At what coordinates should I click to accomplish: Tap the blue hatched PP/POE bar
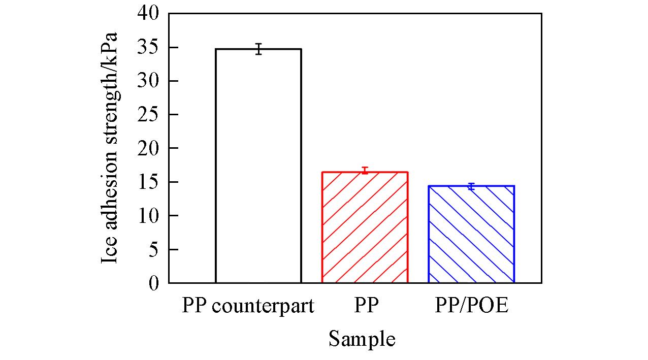coord(471,234)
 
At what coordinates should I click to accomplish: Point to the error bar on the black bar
coord(258,49)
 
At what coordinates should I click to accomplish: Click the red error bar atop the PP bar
coord(365,170)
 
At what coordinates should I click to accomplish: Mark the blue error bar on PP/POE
coord(471,186)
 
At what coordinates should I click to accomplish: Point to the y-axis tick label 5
coord(154,249)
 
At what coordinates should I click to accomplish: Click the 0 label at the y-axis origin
coord(154,283)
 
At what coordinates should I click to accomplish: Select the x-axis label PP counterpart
coord(248,307)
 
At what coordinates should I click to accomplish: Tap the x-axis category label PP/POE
coord(471,307)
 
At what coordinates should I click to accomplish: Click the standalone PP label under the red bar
coord(367,307)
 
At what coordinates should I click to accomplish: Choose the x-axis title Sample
coord(362,339)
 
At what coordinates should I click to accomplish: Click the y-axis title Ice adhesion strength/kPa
coord(110,148)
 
